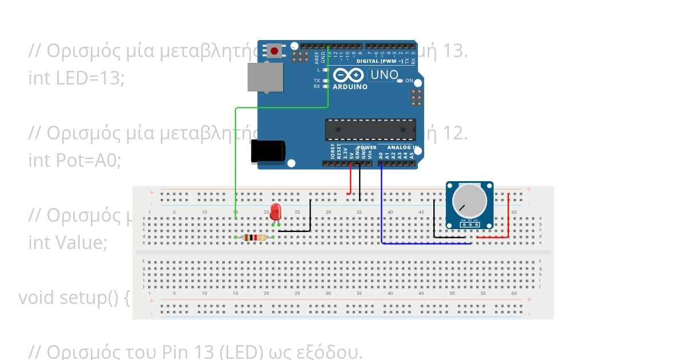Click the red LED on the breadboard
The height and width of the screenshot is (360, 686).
tap(276, 212)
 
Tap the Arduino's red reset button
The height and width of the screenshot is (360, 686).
tap(274, 51)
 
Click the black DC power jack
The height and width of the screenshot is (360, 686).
tap(268, 151)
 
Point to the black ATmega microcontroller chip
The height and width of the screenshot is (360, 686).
tap(370, 130)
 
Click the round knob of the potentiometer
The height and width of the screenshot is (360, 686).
tap(469, 201)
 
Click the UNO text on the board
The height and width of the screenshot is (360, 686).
tap(384, 75)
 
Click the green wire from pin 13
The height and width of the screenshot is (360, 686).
tap(236, 160)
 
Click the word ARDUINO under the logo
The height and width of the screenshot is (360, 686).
tap(350, 87)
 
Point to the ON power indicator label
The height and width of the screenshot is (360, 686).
tap(409, 81)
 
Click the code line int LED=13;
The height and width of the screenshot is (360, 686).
tap(77, 78)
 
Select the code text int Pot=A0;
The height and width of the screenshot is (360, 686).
tap(75, 161)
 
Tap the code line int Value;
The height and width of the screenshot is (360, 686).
tap(67, 243)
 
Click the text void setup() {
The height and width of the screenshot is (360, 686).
tap(74, 298)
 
